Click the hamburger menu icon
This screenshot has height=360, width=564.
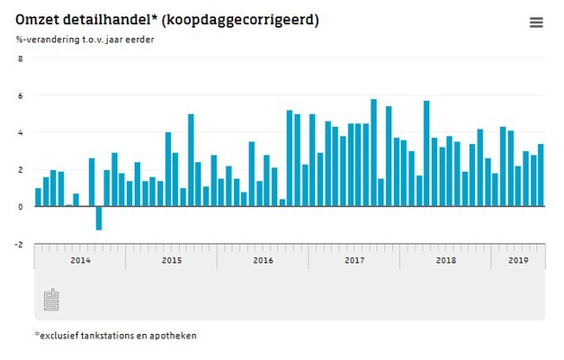tap(536, 22)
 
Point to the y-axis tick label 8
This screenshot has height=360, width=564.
tap(22, 58)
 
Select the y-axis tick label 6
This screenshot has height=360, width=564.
tap(22, 95)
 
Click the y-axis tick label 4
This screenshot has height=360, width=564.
tap(22, 132)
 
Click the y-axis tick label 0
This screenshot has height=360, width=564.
tap(22, 206)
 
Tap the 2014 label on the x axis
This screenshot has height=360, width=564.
tap(80, 260)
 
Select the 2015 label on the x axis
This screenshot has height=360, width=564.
tap(171, 260)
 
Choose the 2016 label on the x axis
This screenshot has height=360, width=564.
tap(263, 260)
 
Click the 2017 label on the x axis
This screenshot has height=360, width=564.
tap(354, 260)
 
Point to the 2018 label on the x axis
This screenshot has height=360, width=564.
tap(445, 260)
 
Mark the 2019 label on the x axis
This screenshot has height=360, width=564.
tap(517, 260)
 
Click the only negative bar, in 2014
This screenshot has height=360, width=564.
tap(99, 218)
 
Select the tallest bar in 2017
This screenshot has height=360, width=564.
tap(373, 153)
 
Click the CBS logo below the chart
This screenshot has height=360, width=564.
tap(52, 301)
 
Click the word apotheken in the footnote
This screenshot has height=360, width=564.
tap(174, 336)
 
